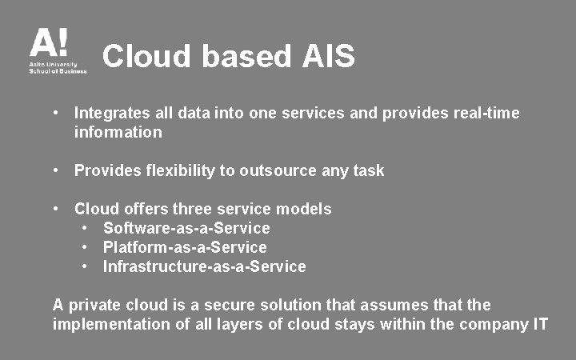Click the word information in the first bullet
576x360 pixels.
click(x=118, y=132)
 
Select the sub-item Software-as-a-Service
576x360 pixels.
click(x=186, y=228)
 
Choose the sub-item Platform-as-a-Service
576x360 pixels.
click(x=185, y=247)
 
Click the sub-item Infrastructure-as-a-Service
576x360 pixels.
click(x=204, y=266)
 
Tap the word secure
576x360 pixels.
click(x=222, y=305)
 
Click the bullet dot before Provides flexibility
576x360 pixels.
click(x=58, y=170)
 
